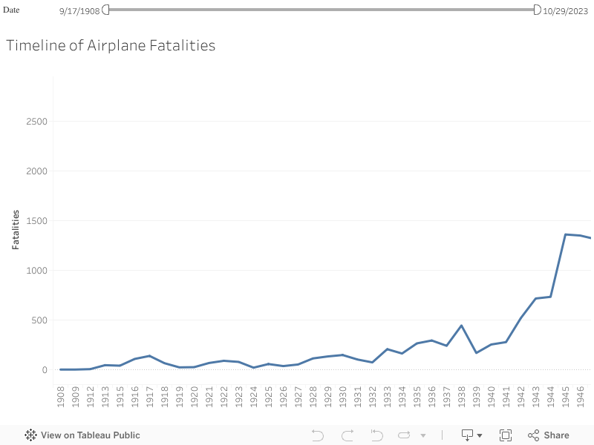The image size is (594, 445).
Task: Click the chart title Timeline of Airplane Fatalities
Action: click(x=111, y=45)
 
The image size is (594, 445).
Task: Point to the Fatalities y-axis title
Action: click(x=16, y=228)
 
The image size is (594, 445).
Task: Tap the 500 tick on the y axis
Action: click(x=39, y=320)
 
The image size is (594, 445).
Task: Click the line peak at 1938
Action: click(x=462, y=326)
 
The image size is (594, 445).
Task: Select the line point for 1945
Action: click(x=566, y=234)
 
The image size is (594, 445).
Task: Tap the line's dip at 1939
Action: click(x=477, y=352)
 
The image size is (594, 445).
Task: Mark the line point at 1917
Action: click(x=150, y=356)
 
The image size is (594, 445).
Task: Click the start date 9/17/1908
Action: click(x=79, y=10)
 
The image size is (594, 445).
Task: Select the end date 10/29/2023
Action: click(x=567, y=10)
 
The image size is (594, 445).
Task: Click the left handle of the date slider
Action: click(x=105, y=9)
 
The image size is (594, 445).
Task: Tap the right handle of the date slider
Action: click(x=537, y=9)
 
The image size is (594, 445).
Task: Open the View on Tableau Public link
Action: click(x=82, y=435)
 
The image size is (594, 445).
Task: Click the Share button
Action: click(x=549, y=435)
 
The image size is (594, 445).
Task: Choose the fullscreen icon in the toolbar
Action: click(x=506, y=435)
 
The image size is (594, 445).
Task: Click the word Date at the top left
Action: click(x=11, y=10)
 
